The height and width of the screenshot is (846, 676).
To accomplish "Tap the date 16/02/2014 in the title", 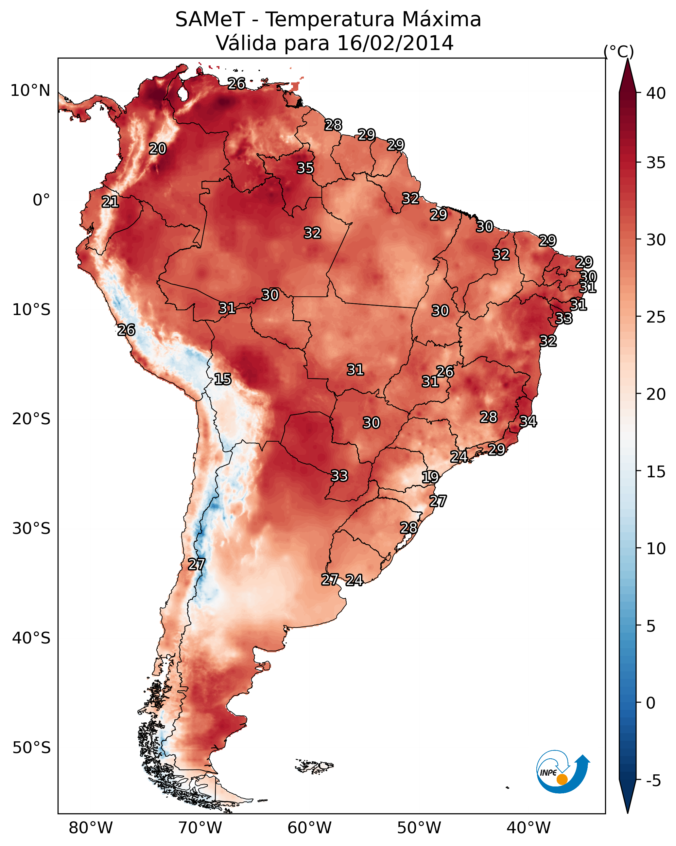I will (395, 43).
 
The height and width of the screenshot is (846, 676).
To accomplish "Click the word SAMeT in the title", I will (210, 20).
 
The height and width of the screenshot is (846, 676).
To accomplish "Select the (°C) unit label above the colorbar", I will (618, 51).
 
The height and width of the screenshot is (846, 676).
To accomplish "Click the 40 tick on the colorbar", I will (656, 93).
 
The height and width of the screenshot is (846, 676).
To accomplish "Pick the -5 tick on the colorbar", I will (653, 781).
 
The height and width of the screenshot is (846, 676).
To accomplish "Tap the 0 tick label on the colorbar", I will (650, 703).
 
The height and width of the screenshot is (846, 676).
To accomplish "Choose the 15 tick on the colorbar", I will (656, 472).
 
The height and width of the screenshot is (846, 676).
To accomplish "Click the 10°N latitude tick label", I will (30, 91).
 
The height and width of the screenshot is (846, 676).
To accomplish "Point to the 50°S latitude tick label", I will (31, 748).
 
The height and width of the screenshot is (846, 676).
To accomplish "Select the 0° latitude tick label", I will (41, 200).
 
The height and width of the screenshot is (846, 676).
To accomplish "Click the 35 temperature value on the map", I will (305, 168).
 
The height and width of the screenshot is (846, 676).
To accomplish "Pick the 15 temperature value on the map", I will (222, 379).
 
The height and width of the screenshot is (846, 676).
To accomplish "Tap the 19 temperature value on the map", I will (430, 477).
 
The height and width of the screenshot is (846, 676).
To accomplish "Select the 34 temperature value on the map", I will (528, 421).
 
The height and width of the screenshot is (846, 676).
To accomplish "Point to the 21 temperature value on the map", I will (110, 202).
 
